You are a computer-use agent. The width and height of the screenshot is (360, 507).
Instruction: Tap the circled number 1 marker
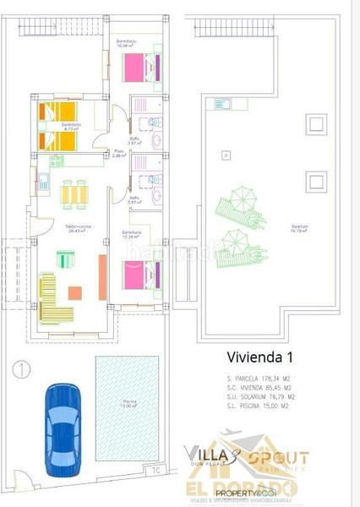point(20,368)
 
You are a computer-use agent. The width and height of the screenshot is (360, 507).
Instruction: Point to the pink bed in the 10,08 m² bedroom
point(139,66)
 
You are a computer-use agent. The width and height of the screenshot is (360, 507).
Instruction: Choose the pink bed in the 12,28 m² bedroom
point(140,275)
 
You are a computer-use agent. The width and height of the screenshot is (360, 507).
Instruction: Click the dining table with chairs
point(74,195)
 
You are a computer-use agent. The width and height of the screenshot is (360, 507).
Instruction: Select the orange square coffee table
point(74,293)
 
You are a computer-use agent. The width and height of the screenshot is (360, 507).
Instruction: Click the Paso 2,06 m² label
point(120,155)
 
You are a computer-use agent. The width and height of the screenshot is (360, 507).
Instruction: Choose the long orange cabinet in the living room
point(102,276)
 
